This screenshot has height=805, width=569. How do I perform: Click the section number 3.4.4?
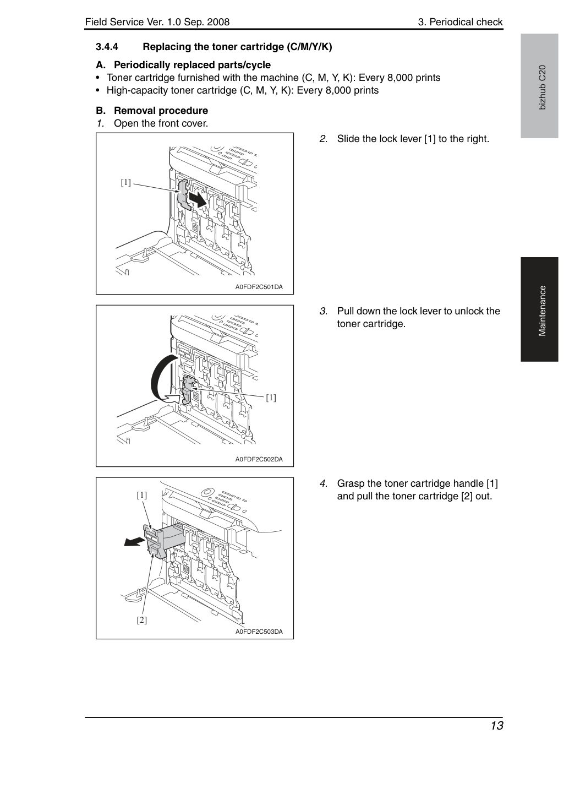[107, 47]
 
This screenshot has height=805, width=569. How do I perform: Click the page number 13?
[497, 726]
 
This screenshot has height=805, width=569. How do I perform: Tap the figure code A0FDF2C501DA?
[259, 287]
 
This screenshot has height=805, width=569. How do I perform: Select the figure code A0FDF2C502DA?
[259, 459]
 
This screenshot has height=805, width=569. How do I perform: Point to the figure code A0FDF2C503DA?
[259, 632]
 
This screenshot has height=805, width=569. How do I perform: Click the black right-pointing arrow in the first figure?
[198, 199]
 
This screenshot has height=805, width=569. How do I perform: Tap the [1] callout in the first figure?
[125, 183]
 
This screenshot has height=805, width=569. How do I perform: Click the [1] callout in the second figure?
[271, 398]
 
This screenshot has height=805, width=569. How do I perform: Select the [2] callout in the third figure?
[142, 619]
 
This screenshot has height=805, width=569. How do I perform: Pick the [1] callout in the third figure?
[142, 495]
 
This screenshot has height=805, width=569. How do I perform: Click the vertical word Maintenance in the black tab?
[542, 311]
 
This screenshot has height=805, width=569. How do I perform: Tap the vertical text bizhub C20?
[542, 88]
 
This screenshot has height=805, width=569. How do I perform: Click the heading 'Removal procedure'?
[161, 110]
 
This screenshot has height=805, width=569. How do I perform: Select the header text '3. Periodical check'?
[460, 22]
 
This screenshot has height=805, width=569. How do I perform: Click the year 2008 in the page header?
[218, 22]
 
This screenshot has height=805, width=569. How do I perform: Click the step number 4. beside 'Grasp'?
[324, 483]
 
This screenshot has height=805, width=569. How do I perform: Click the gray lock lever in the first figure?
[184, 194]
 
